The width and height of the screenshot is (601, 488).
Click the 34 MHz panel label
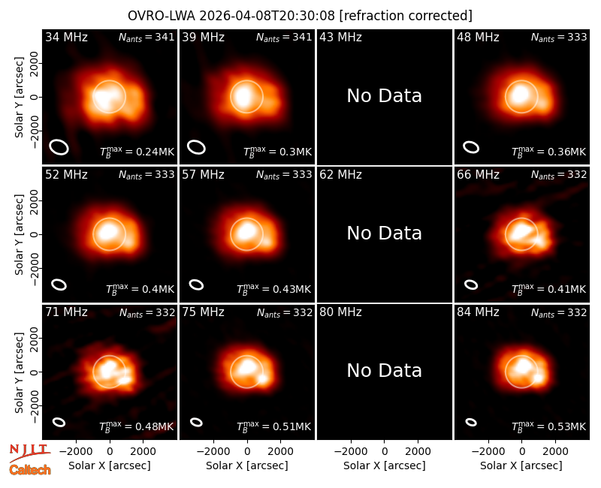pyautogui.click(x=66, y=37)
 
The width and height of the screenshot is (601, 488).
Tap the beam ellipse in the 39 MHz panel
pyautogui.click(x=196, y=147)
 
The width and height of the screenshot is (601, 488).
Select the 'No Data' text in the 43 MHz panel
pyautogui.click(x=384, y=96)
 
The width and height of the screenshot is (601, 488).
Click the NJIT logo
pyautogui.click(x=29, y=453)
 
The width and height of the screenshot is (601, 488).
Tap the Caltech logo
pyautogui.click(x=30, y=470)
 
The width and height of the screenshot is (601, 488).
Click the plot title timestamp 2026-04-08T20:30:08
pyautogui.click(x=267, y=16)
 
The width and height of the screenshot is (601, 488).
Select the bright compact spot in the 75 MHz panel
pyautogui.click(x=262, y=378)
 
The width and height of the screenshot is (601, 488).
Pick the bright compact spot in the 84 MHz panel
pyautogui.click(x=538, y=378)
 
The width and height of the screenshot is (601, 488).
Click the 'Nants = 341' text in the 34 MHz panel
pyautogui.click(x=146, y=37)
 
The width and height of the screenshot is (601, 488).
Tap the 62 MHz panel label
pyautogui.click(x=341, y=175)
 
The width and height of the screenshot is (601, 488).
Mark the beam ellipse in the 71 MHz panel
pyautogui.click(x=59, y=422)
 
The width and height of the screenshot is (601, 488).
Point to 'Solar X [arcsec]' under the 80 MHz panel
pyautogui.click(x=384, y=465)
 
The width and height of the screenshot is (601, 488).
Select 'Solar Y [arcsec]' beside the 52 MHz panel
pyautogui.click(x=20, y=234)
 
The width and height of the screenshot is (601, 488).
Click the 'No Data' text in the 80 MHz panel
pyautogui.click(x=384, y=371)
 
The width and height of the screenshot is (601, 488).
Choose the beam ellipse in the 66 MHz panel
pyautogui.click(x=471, y=285)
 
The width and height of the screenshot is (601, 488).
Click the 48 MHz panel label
pyautogui.click(x=478, y=37)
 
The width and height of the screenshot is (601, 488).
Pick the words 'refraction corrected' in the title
pyautogui.click(x=406, y=16)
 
